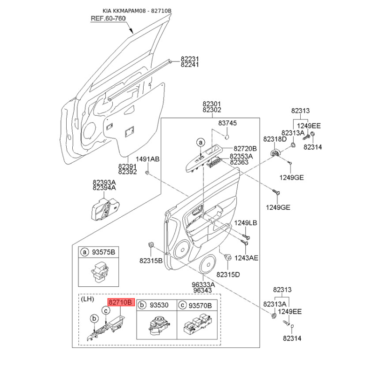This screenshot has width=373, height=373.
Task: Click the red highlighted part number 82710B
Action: (121, 303)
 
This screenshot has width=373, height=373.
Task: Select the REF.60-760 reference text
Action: (108, 18)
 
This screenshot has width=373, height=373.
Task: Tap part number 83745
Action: (228, 123)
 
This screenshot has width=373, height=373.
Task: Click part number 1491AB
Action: (148, 159)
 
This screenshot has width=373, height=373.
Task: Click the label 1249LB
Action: (245, 223)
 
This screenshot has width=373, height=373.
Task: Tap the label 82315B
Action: (151, 260)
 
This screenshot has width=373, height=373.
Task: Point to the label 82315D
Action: (228, 274)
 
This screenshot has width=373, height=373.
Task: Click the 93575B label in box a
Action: (104, 252)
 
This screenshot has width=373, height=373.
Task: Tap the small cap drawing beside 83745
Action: (226, 137)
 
